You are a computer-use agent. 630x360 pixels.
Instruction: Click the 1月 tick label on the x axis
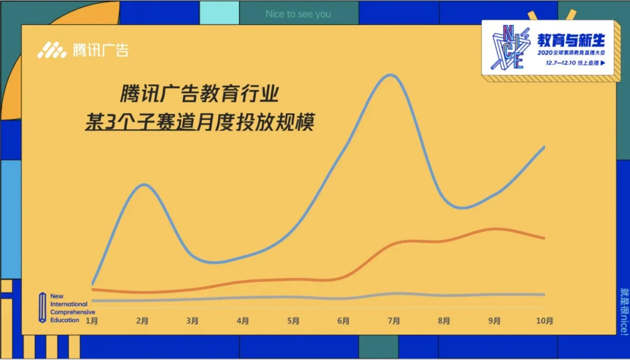92,320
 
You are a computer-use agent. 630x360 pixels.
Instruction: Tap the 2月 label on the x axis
142,320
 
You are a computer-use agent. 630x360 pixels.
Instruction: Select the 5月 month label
293,320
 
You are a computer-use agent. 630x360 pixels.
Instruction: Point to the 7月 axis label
394,320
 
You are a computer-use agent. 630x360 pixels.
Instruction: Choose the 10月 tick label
545,320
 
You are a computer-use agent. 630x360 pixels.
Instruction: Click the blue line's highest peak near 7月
389,75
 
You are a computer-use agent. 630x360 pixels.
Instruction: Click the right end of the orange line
544,238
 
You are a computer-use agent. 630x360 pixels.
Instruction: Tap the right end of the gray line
544,294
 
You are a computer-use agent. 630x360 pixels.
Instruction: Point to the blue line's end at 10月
544,146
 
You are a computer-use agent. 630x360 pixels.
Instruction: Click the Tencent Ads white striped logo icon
52,51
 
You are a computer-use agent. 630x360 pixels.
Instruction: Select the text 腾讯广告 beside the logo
100,51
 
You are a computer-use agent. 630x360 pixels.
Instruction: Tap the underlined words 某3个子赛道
140,124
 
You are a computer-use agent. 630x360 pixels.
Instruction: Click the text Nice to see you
298,14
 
